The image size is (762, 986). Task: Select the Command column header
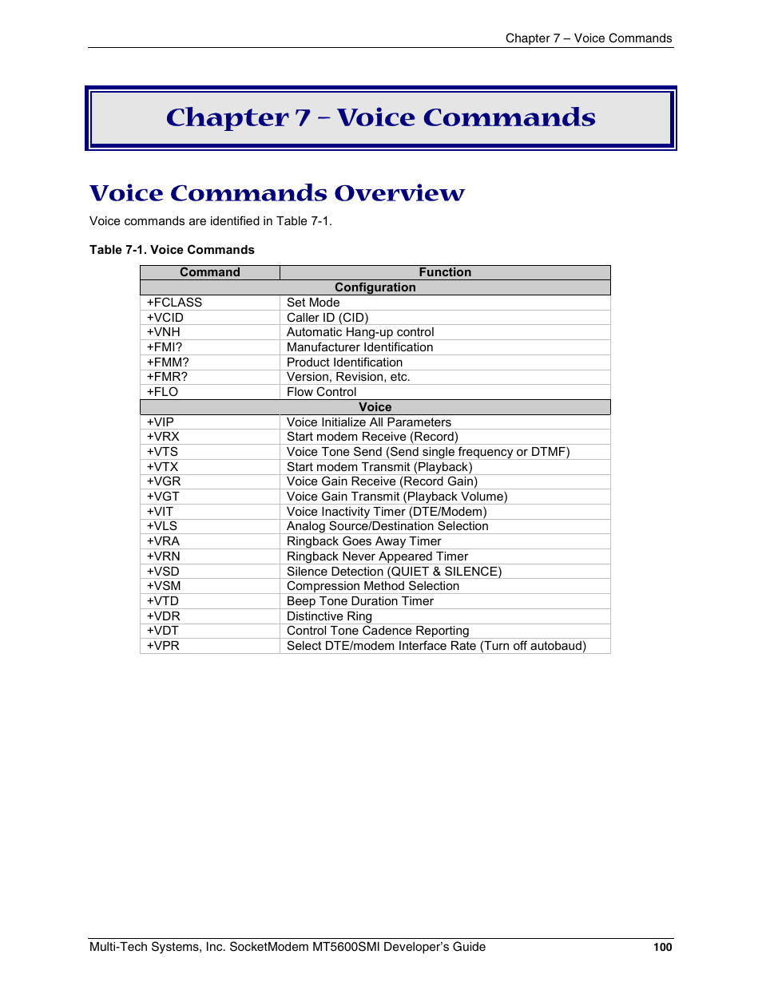210,272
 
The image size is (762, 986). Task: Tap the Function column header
445,272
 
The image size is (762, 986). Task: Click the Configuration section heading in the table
375,287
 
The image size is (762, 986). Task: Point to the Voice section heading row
375,407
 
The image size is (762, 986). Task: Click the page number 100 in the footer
662,948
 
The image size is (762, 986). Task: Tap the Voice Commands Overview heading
277,193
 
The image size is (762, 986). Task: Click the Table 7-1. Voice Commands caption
172,250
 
